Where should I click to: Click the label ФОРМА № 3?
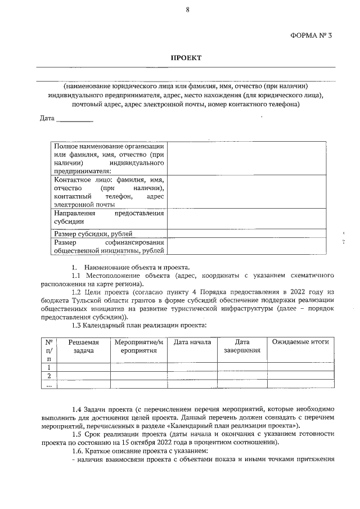click(x=312, y=35)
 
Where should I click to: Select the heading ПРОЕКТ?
click(x=186, y=58)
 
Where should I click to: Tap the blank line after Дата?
click(x=75, y=119)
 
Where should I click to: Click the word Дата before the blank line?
click(x=47, y=118)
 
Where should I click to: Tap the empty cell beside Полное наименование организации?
click(x=246, y=158)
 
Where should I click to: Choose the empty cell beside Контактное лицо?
click(x=246, y=191)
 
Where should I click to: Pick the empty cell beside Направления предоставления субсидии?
click(x=246, y=218)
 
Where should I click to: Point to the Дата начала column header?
click(x=192, y=342)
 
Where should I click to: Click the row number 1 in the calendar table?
click(x=49, y=367)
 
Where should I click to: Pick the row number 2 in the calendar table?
click(x=49, y=376)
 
